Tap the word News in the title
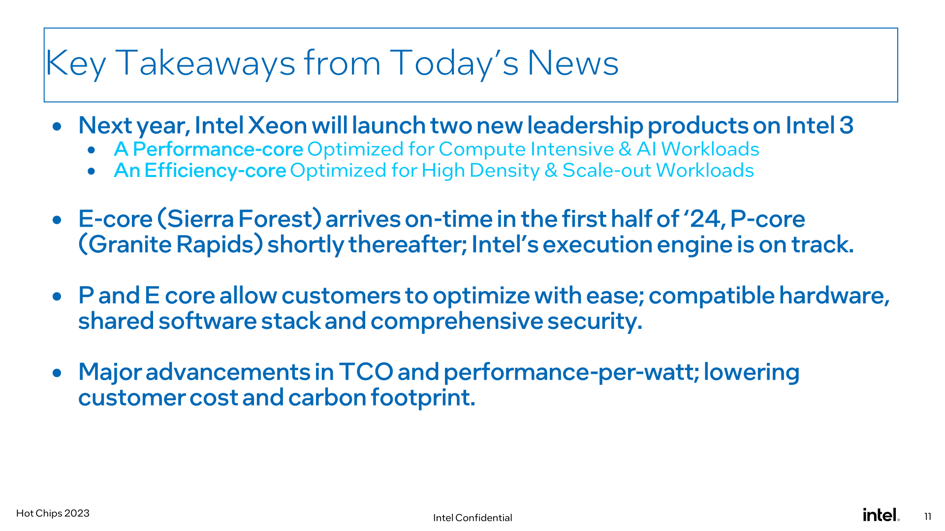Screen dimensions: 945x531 click(573, 63)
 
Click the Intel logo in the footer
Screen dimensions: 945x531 click(881, 515)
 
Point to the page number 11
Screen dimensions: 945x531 click(928, 516)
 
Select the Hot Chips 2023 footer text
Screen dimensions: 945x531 click(53, 513)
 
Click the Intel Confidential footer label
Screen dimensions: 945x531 click(472, 518)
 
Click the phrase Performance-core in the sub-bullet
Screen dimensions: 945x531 click(218, 149)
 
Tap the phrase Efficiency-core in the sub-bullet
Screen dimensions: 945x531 click(215, 170)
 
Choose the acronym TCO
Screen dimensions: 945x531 click(366, 372)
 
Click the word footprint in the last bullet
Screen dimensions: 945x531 click(423, 397)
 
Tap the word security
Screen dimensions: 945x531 click(595, 321)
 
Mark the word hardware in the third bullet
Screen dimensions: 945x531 click(834, 295)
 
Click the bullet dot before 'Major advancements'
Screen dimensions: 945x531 click(57, 373)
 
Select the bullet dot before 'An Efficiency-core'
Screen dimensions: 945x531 click(92, 172)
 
